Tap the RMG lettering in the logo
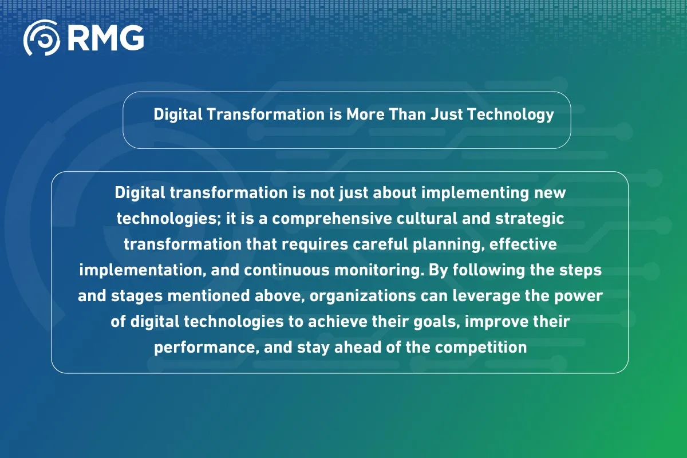(x=105, y=38)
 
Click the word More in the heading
(x=365, y=114)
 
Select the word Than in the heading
(x=407, y=114)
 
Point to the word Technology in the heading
(x=510, y=115)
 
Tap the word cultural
(x=427, y=219)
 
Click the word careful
(x=380, y=244)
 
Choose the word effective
(x=523, y=244)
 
